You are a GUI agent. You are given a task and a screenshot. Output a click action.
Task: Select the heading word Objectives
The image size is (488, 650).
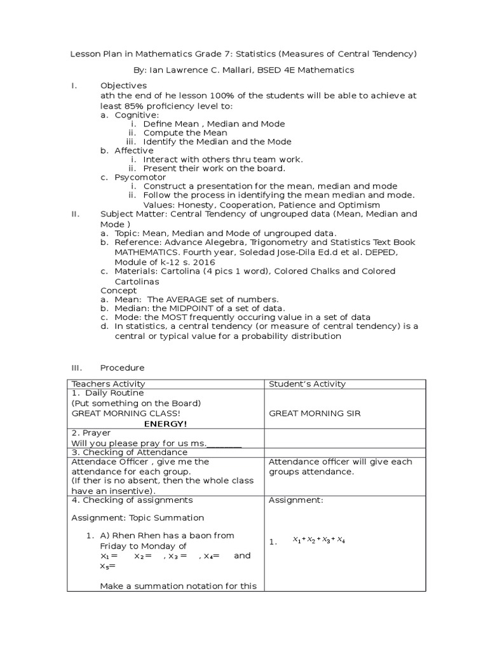[x=123, y=85]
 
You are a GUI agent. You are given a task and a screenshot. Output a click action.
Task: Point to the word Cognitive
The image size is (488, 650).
[x=137, y=115]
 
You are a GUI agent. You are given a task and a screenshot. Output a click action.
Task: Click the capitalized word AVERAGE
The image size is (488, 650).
[x=194, y=299]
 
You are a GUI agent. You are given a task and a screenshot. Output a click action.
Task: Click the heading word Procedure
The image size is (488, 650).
[x=122, y=368]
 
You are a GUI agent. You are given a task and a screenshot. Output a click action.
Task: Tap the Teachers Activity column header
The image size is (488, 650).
[x=108, y=384]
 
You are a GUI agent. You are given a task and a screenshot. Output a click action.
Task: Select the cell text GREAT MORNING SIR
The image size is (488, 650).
[x=315, y=413]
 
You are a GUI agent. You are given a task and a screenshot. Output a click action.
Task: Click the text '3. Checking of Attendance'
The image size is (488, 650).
[x=129, y=452]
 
